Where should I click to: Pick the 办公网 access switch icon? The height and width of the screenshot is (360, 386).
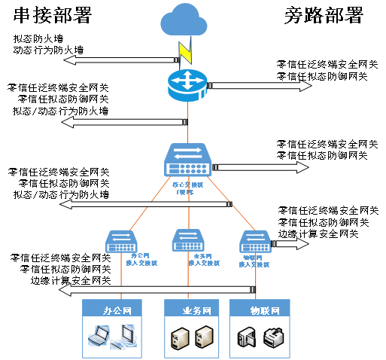(x=126, y=241)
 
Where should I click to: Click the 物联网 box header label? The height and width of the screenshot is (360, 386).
(x=260, y=310)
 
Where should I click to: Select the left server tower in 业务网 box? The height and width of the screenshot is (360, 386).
(x=178, y=338)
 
